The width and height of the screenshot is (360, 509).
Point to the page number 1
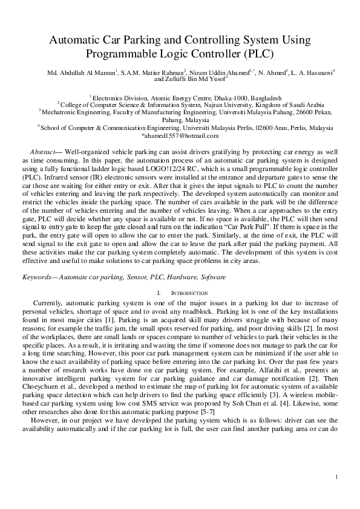coord(335,478)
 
